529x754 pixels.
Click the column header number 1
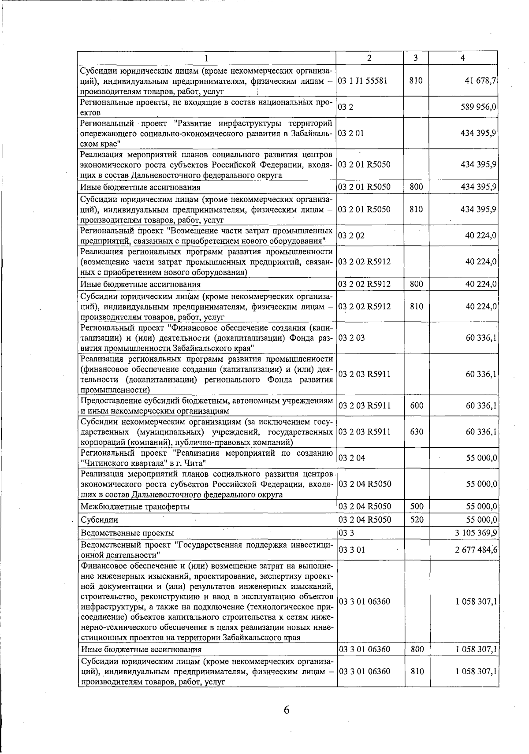pos(206,58)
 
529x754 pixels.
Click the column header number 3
pos(416,58)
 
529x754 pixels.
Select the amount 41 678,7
pos(481,81)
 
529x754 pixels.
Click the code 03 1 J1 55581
pos(363,81)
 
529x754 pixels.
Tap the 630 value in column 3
pos(417,432)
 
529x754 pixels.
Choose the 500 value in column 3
pos(417,507)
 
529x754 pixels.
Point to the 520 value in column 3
pos(417,520)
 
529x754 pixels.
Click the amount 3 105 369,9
pos(476,533)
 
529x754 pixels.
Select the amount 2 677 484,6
pos(476,550)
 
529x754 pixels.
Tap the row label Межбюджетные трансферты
pos(135,507)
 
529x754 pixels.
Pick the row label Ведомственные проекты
pos(127,533)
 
